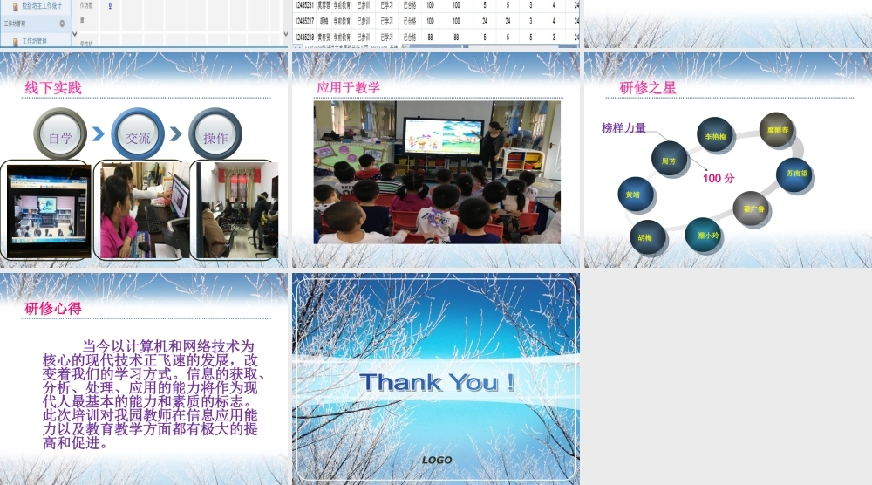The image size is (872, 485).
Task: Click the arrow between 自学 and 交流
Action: click(x=99, y=135)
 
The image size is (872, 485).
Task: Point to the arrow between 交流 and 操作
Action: click(x=175, y=135)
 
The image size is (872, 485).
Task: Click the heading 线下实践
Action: click(x=52, y=88)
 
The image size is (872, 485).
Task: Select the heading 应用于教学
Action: click(x=348, y=87)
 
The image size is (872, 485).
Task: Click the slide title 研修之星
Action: click(x=647, y=87)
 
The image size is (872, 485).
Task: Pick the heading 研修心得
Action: click(x=53, y=308)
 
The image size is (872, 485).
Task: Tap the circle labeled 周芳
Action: click(x=669, y=160)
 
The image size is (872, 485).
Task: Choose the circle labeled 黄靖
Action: click(x=632, y=195)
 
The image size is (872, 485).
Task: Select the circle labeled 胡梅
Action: click(x=646, y=236)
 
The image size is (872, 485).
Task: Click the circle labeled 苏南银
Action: click(x=795, y=174)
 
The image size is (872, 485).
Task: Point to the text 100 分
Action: click(x=719, y=178)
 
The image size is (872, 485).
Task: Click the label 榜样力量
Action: click(x=623, y=128)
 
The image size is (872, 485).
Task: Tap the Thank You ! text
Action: click(x=436, y=382)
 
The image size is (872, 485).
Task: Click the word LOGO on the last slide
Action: click(x=437, y=460)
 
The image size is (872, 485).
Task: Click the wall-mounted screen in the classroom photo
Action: click(x=443, y=136)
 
